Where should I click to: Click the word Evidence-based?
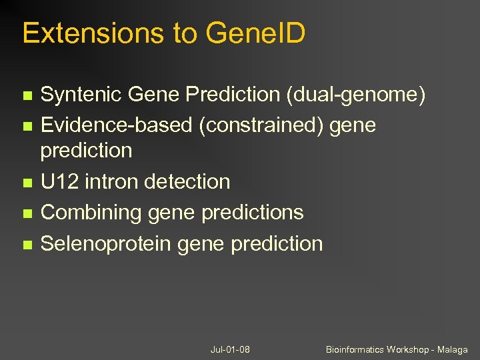117,125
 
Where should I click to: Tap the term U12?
59,181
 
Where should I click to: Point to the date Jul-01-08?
230,349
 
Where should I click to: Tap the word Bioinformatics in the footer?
353,349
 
